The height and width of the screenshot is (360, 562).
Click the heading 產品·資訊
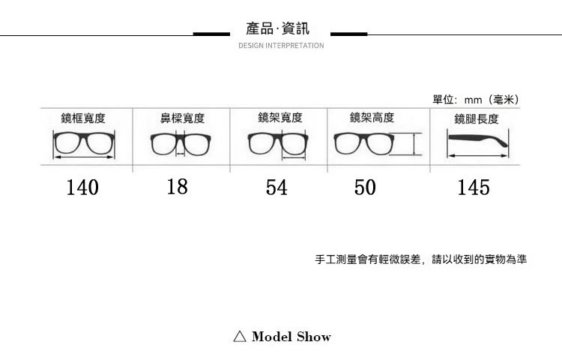tap(278, 29)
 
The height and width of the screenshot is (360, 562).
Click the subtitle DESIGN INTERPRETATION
tap(281, 46)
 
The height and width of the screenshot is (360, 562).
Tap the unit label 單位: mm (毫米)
tap(476, 100)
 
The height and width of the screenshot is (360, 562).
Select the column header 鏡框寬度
tap(83, 118)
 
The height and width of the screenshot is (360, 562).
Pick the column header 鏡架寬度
tap(280, 118)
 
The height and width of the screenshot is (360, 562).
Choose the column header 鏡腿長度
tap(476, 119)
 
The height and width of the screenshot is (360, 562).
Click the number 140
tap(82, 187)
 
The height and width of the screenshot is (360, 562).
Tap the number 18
tap(178, 186)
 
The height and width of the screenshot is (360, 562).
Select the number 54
tap(277, 187)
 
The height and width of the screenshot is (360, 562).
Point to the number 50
tap(365, 187)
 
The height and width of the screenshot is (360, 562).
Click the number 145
tap(474, 187)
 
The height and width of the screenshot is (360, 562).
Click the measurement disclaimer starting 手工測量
tap(421, 259)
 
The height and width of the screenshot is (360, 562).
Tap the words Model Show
tap(291, 336)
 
